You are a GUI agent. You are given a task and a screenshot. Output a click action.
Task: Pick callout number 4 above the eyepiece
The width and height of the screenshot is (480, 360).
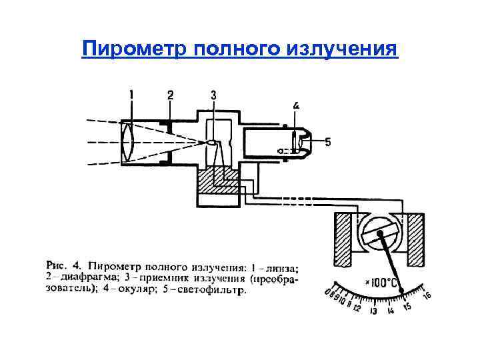(x=296, y=105)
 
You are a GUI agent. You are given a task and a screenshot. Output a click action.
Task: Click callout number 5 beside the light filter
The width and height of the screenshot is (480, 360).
(x=327, y=141)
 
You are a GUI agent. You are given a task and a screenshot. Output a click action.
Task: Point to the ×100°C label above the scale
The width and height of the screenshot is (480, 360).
(x=383, y=284)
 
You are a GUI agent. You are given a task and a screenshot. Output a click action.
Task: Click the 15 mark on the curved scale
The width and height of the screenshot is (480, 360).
(x=406, y=306)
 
